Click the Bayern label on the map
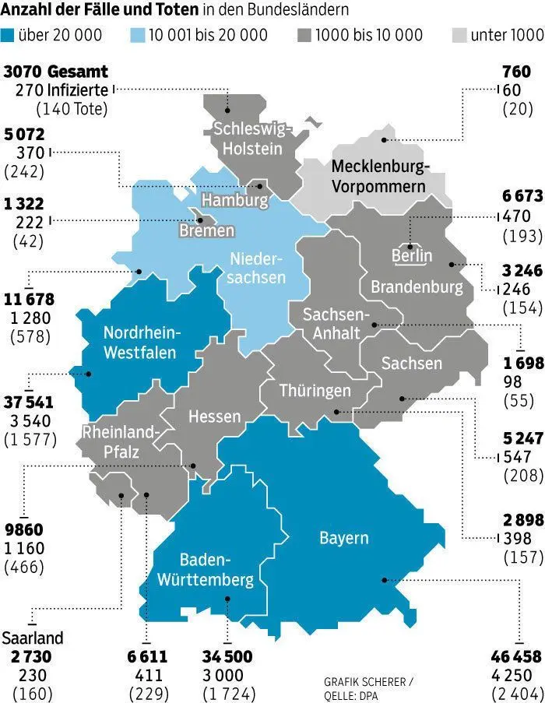pyautogui.click(x=343, y=538)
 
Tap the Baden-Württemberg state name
pyautogui.click(x=206, y=570)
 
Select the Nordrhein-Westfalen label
pyautogui.click(x=141, y=342)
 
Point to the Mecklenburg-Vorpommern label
pyautogui.click(x=378, y=176)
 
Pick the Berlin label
pyautogui.click(x=412, y=255)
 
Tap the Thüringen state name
pyautogui.click(x=315, y=390)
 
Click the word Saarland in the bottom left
pyautogui.click(x=32, y=638)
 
